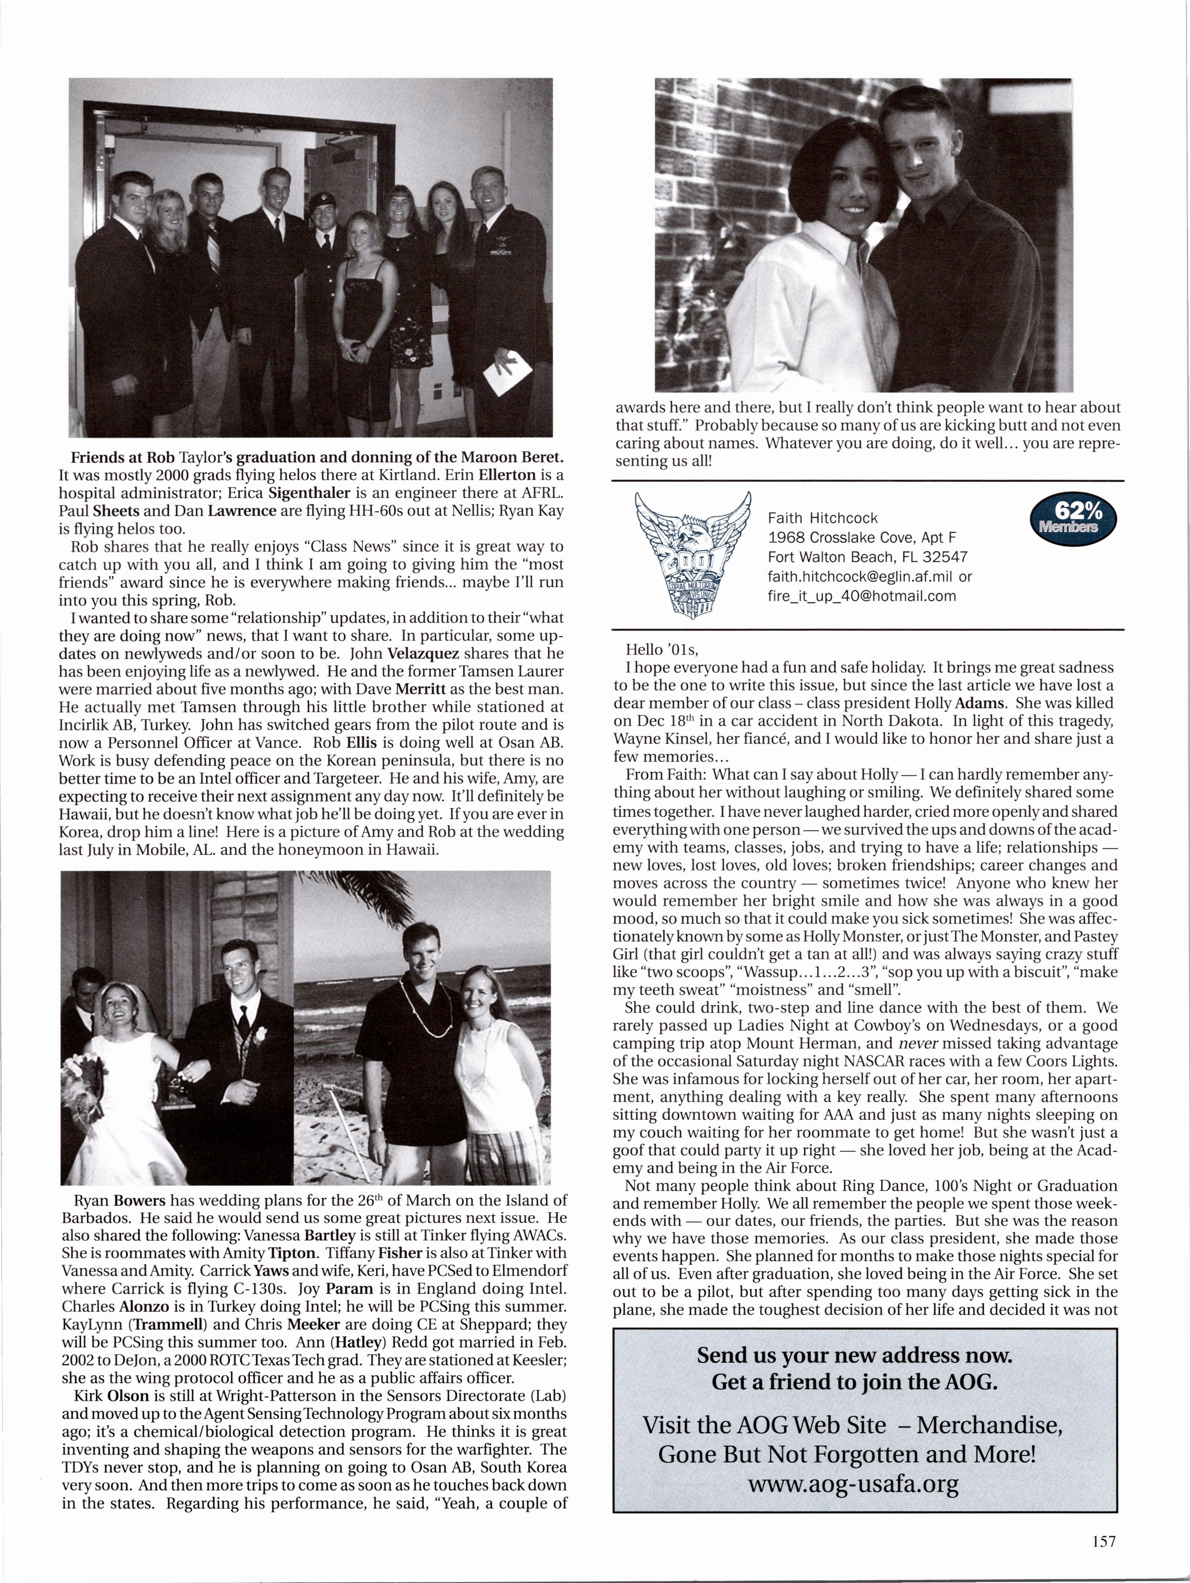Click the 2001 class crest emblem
click(x=693, y=552)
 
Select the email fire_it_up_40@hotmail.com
click(x=862, y=596)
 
